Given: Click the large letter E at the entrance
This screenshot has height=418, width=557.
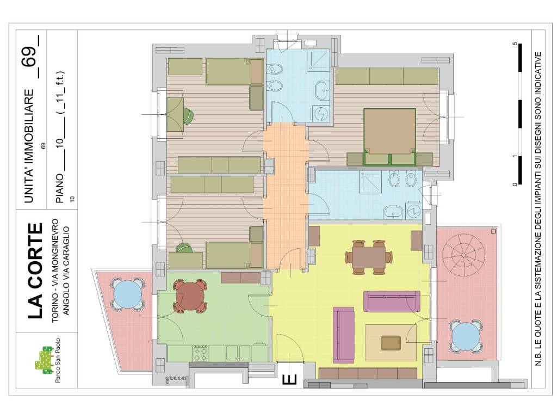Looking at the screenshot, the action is point(289,379).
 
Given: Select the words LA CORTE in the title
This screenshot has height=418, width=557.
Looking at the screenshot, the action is point(35,271).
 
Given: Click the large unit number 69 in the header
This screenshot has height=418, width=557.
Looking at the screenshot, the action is point(29,57).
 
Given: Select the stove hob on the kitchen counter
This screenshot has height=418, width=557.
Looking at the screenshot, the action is point(201,353).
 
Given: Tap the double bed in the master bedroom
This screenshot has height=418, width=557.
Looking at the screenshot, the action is point(389,137).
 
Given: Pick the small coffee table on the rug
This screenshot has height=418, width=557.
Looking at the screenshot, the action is point(391,343).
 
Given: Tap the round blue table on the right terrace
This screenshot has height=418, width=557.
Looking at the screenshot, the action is point(466,336).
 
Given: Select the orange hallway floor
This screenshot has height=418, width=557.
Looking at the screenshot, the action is point(286,195).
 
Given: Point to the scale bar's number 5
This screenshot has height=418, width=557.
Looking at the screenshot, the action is point(515,44).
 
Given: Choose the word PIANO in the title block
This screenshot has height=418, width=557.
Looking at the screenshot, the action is point(59,188).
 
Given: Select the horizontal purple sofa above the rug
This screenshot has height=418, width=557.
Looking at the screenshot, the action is point(392,301).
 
